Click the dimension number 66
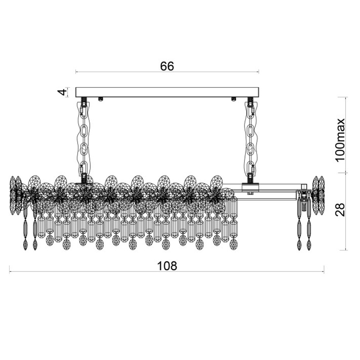167,66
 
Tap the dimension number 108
167,266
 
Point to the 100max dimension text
340,140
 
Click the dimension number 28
340,210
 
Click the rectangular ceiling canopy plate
167,92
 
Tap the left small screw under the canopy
100,99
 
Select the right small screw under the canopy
234,99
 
